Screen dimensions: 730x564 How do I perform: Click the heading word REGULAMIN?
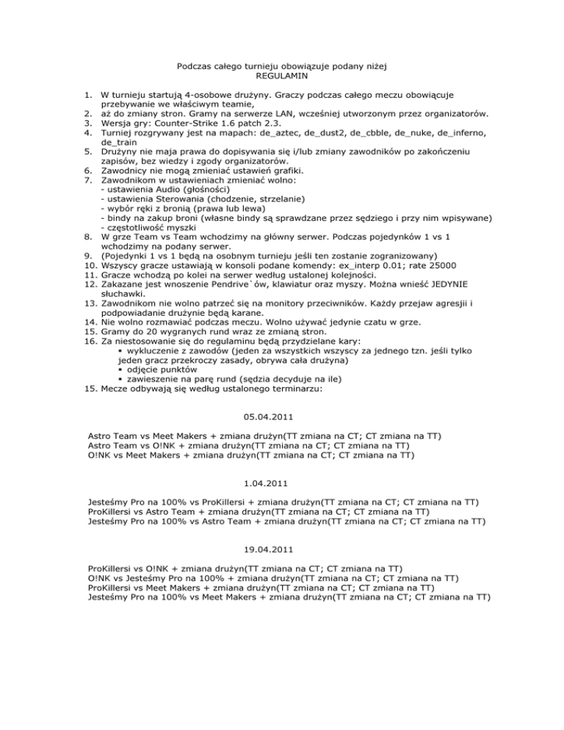282,76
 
